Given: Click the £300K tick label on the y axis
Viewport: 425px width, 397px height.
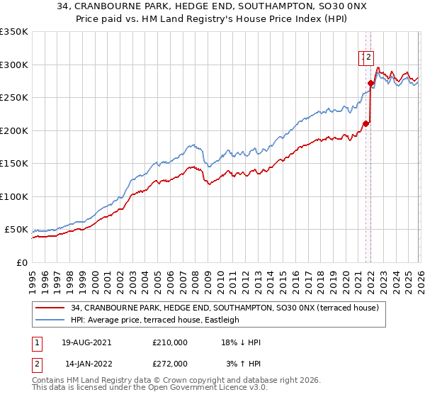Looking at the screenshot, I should pyautogui.click(x=14, y=65).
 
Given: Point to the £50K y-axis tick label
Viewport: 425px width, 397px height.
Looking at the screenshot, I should pyautogui.click(x=16, y=230).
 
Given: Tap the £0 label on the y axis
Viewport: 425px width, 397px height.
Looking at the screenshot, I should pyautogui.click(x=21, y=263).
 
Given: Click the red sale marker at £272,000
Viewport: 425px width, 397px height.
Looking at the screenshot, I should pyautogui.click(x=370, y=83).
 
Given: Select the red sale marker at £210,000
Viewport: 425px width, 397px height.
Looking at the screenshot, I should pyautogui.click(x=365, y=124).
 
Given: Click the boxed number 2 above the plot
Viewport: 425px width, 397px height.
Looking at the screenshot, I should pyautogui.click(x=370, y=59).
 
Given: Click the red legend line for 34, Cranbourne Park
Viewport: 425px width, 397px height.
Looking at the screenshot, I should pyautogui.click(x=51, y=308).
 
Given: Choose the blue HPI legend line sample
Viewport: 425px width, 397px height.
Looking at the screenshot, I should pyautogui.click(x=51, y=320).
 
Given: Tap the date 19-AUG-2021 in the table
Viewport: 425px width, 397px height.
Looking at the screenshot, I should pyautogui.click(x=86, y=342).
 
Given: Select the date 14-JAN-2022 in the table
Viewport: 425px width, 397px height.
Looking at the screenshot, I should pyautogui.click(x=86, y=364).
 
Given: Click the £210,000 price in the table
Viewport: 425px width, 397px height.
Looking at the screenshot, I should pyautogui.click(x=170, y=342).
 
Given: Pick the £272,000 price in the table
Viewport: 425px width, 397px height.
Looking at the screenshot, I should pyautogui.click(x=170, y=364).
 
